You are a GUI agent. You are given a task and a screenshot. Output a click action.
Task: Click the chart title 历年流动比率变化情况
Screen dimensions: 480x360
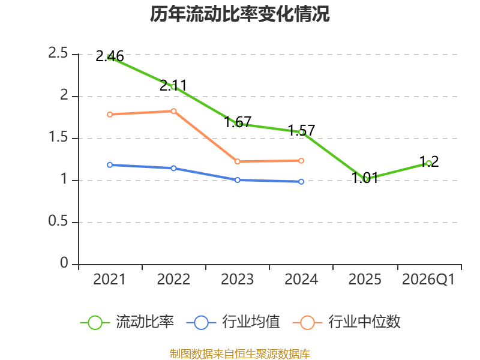pyautogui.click(x=239, y=14)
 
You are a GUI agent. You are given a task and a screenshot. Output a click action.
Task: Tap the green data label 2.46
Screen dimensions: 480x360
pyautogui.click(x=110, y=56)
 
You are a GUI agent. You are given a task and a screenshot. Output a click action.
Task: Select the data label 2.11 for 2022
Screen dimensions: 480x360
pyautogui.click(x=173, y=85)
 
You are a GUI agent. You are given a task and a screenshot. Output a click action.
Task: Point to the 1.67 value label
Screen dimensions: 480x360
pyautogui.click(x=238, y=122)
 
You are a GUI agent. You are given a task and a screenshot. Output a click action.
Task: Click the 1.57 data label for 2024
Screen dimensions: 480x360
pyautogui.click(x=301, y=130)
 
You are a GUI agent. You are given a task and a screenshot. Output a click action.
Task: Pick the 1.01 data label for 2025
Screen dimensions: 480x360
pyautogui.click(x=365, y=178)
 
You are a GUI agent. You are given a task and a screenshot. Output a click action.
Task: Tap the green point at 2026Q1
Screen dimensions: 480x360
pyautogui.click(x=429, y=163)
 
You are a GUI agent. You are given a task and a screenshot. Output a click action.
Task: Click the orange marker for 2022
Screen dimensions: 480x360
pyautogui.click(x=173, y=111)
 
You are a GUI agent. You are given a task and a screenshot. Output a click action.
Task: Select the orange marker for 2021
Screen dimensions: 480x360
pyautogui.click(x=110, y=115)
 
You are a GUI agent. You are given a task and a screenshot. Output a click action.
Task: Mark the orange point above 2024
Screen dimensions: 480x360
pyautogui.click(x=301, y=161)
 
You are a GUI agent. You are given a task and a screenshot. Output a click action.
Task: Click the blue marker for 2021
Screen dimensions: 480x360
pyautogui.click(x=110, y=165)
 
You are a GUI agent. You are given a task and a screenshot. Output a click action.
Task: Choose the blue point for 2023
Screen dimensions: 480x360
pyautogui.click(x=238, y=180)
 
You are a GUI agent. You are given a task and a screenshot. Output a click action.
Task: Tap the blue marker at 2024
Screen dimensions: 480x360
pyautogui.click(x=301, y=182)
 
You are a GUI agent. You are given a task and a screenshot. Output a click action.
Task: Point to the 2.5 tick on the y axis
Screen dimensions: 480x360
pyautogui.click(x=58, y=53)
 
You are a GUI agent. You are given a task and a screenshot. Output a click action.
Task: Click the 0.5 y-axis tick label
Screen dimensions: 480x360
pyautogui.click(x=58, y=221)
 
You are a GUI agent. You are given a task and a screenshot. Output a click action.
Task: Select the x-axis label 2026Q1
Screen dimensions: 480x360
pyautogui.click(x=428, y=280)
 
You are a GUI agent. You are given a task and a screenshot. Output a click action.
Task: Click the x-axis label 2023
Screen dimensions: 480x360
pyautogui.click(x=237, y=280)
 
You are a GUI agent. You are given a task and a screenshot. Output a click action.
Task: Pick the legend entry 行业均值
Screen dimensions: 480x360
pyautogui.click(x=233, y=322)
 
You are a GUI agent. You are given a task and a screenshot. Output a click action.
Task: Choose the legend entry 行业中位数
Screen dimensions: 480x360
pyautogui.click(x=347, y=322)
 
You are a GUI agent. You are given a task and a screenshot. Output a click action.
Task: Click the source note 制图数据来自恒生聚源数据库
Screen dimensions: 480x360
pyautogui.click(x=240, y=354)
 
